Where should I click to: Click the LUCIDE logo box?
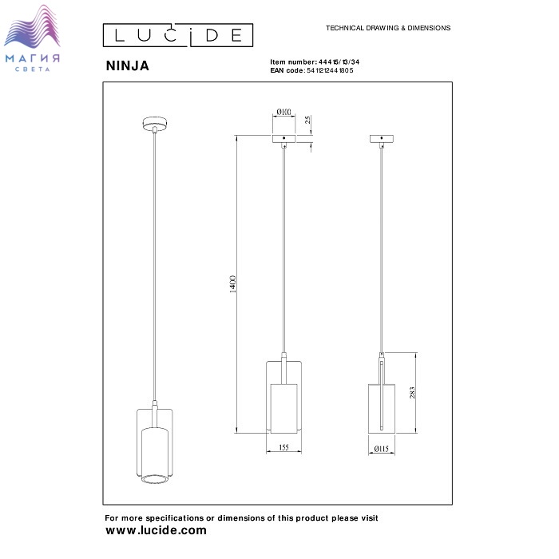(178, 35)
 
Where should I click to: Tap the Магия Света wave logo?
(32, 38)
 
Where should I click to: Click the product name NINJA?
(127, 65)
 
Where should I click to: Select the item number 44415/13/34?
(339, 62)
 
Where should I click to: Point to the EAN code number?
(330, 70)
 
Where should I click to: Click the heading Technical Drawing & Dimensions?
(388, 28)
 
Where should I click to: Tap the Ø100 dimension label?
(283, 112)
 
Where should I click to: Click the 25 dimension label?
(307, 120)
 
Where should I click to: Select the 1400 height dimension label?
(232, 283)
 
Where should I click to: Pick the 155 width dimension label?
(283, 447)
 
